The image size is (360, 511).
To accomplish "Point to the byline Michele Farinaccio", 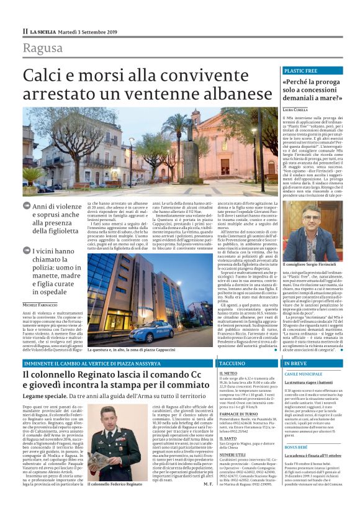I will pyautogui.click(x=45, y=305).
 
